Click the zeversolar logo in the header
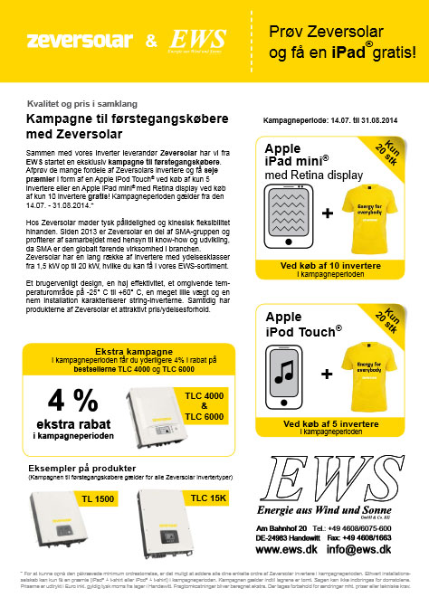77,41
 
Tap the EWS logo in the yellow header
192,42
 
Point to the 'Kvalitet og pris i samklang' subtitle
78,105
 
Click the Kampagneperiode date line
328,119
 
